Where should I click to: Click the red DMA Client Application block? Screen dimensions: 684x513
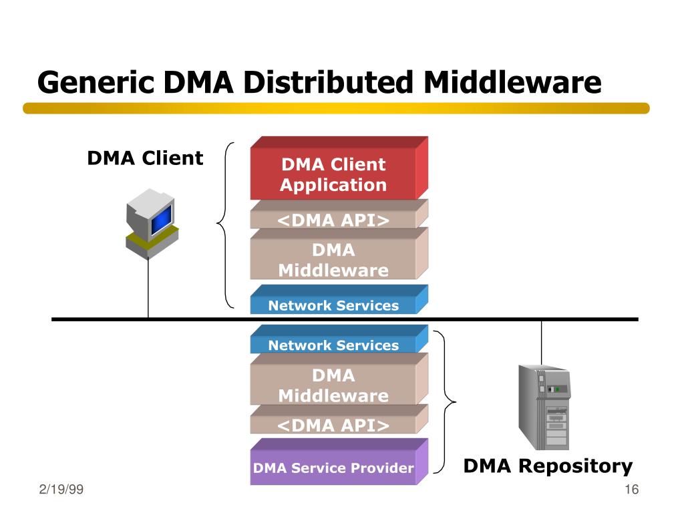[x=339, y=168]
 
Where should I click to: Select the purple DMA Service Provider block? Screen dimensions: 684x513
[x=339, y=462]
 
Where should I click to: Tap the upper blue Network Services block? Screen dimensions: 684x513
[x=339, y=300]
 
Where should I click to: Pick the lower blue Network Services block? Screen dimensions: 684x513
[x=339, y=339]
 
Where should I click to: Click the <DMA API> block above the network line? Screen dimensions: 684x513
[x=339, y=214]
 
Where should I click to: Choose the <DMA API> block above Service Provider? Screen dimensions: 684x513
[x=339, y=419]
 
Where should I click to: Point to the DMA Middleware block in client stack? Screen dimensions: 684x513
[x=339, y=254]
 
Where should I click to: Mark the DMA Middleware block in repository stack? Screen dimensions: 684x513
[x=339, y=379]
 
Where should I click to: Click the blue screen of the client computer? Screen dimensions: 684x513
[x=162, y=219]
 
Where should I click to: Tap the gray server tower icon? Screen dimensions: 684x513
[x=544, y=407]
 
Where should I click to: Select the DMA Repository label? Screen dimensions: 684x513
[x=548, y=466]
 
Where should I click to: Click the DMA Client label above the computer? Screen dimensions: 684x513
[x=145, y=158]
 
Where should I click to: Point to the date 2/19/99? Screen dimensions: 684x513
[x=61, y=489]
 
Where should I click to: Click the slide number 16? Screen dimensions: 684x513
[x=632, y=489]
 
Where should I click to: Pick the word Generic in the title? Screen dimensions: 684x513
[x=96, y=82]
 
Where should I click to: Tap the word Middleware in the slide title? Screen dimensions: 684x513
[x=512, y=82]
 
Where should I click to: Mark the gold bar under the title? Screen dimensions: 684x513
[x=337, y=108]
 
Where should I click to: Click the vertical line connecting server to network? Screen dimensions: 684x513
[x=541, y=343]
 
